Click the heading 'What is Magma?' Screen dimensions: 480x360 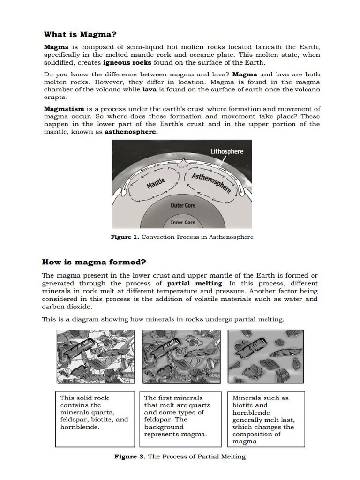pos(80,34)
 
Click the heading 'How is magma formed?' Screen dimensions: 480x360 pos(94,262)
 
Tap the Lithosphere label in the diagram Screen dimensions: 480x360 pos(227,151)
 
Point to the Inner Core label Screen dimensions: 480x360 pos(183,222)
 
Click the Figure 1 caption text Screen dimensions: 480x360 pos(182,237)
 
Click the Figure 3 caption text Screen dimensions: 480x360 pos(180,456)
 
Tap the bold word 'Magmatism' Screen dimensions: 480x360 pos(64,109)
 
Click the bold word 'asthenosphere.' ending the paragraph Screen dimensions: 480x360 pos(131,132)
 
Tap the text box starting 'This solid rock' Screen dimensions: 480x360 pos(95,419)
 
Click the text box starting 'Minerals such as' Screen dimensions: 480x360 pos(265,419)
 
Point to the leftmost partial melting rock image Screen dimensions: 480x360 pos(96,357)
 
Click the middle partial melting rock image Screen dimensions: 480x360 pos(180,357)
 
